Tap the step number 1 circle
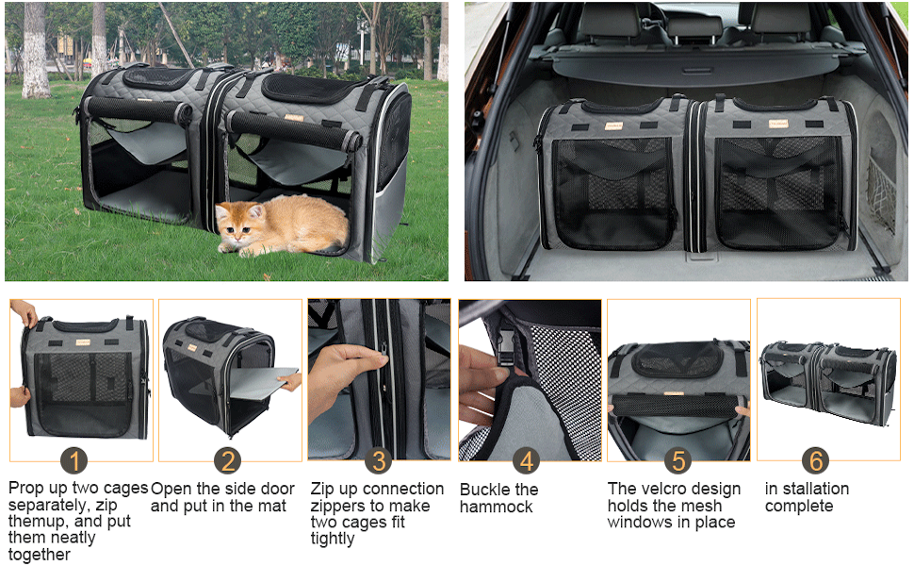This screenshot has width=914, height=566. point(74,460)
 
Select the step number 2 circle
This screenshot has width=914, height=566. point(226,460)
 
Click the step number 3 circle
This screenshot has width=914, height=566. point(379,460)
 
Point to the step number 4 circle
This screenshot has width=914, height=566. point(528,460)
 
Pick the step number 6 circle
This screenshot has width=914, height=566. point(816,460)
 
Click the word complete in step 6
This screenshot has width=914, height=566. point(799,507)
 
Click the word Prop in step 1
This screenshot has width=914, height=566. point(26,489)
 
